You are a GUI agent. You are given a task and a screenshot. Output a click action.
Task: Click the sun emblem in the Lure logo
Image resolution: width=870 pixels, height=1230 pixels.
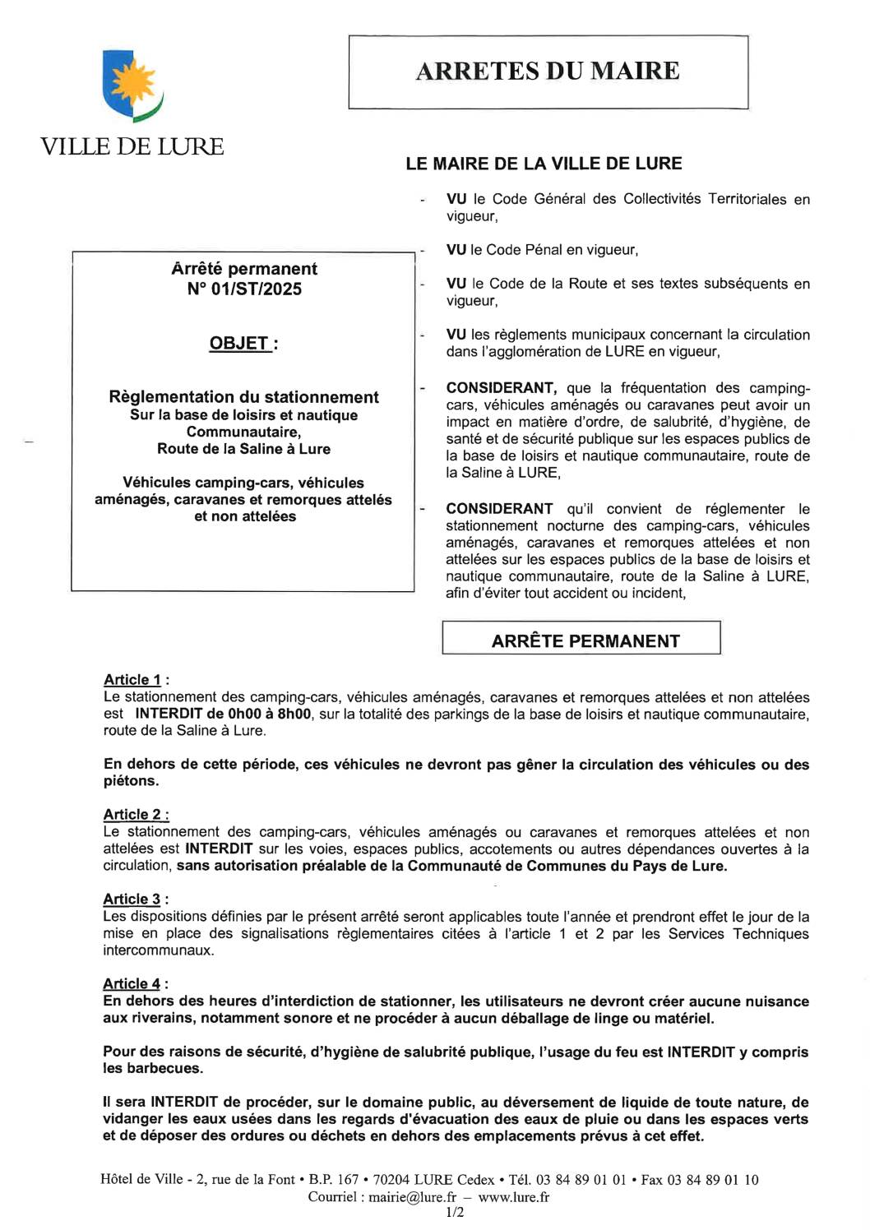click(132, 83)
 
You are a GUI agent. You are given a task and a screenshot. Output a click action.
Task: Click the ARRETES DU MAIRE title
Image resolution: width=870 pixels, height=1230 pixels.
click(548, 72)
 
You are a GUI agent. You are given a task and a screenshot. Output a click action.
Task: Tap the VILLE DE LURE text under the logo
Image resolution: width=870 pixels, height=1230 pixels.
click(132, 147)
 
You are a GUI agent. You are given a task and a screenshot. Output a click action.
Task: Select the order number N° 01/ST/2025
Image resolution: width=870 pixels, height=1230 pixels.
click(244, 289)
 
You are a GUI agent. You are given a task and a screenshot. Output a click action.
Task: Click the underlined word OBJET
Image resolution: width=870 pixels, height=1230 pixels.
click(238, 344)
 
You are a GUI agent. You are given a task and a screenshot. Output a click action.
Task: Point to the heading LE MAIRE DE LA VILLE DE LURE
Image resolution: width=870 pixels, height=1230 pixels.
click(544, 164)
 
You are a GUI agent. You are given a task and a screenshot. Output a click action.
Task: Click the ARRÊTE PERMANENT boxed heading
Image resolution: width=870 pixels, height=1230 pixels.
click(585, 641)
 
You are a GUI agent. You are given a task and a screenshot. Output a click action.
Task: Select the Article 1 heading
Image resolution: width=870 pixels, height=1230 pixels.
click(132, 680)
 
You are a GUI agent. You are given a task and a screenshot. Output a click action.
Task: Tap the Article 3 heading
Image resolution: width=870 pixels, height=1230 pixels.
click(132, 899)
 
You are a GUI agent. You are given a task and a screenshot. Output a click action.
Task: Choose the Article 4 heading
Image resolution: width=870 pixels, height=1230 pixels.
click(132, 984)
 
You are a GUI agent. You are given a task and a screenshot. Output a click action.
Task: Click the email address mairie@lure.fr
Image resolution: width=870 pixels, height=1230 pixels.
click(412, 1197)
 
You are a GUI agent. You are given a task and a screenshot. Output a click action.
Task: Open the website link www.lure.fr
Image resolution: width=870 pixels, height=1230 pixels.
click(513, 1197)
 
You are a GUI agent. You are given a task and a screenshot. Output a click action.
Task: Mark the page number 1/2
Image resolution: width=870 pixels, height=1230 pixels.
click(455, 1213)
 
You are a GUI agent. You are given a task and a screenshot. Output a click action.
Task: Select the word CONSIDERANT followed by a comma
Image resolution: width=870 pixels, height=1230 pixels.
click(502, 388)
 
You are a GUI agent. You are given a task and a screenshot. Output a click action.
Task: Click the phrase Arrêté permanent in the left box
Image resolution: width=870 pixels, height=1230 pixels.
click(244, 269)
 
